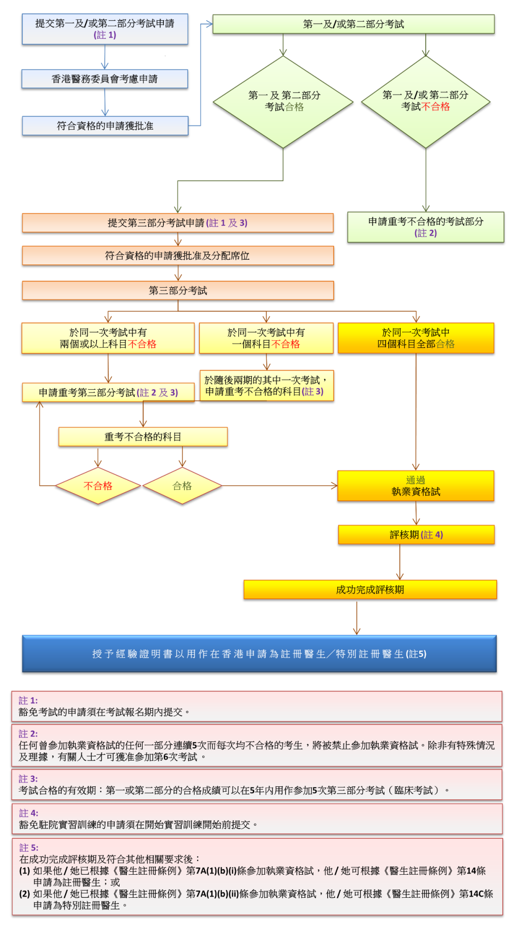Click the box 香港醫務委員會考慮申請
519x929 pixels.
pos(105,79)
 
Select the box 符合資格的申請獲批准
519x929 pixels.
pos(105,126)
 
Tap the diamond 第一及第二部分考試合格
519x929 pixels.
pos(284,102)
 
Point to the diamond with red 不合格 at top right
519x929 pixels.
pos(425,102)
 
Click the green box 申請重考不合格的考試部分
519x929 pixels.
pos(425,227)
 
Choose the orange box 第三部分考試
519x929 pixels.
pos(178,290)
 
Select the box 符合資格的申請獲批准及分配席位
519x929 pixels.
pos(178,256)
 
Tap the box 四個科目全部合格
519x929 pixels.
pos(416,338)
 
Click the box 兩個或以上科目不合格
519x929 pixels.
pos(108,338)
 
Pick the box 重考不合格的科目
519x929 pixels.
pos(143,437)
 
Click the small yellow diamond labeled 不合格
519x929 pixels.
pos(98,486)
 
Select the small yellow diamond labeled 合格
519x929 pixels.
pos(182,486)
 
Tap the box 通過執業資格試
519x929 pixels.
pos(416,486)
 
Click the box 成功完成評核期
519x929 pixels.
pos(370,590)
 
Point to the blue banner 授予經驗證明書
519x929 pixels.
pos(259,654)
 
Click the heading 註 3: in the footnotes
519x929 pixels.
pos(28,779)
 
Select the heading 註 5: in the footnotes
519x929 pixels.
pos(28,848)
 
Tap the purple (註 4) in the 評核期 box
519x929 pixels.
pos(432,535)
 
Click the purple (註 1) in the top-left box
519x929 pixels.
pos(105,35)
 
